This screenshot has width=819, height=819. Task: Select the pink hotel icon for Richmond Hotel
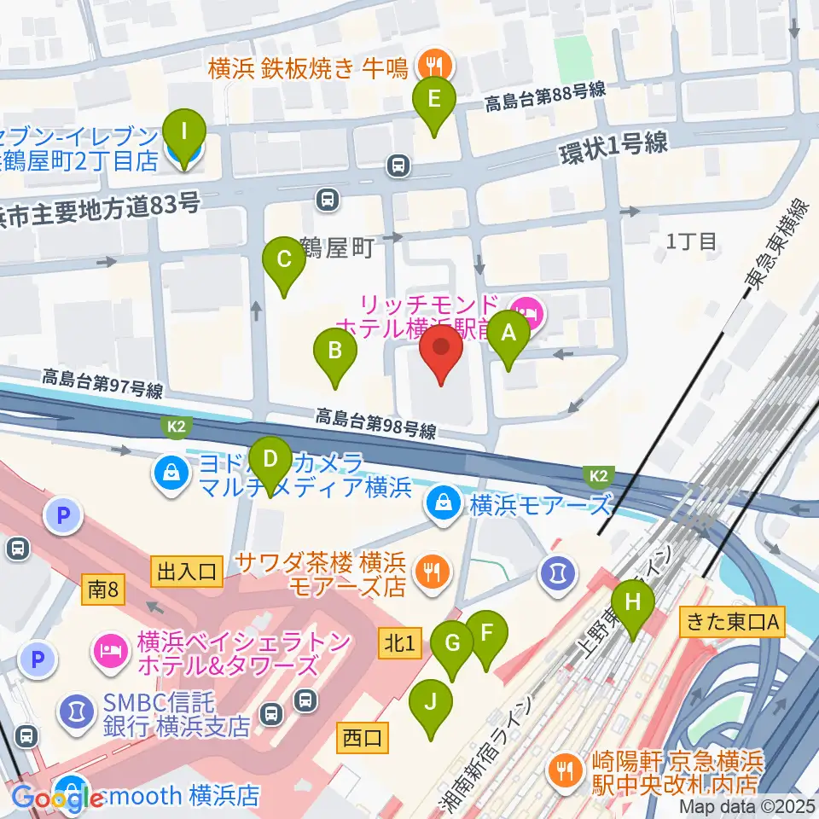tap(525, 312)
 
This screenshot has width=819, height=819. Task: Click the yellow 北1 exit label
tap(400, 644)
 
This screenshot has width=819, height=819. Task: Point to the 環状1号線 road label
tap(613, 144)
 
